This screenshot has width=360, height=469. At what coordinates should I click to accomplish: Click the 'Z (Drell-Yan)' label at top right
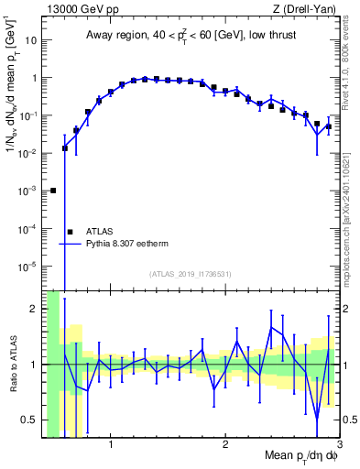point(303,9)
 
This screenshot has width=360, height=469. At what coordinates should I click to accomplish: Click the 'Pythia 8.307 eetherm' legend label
point(131,245)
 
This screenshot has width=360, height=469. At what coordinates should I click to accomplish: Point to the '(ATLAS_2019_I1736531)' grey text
point(191,274)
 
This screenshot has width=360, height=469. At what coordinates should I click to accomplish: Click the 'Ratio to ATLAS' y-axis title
point(16,364)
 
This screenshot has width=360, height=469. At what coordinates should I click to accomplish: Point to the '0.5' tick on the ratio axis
point(29,420)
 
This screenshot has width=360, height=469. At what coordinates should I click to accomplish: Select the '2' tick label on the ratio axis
point(34,309)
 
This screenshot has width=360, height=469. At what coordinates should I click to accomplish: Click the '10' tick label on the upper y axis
point(30,40)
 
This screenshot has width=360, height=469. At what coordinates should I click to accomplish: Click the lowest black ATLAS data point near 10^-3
point(53,191)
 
